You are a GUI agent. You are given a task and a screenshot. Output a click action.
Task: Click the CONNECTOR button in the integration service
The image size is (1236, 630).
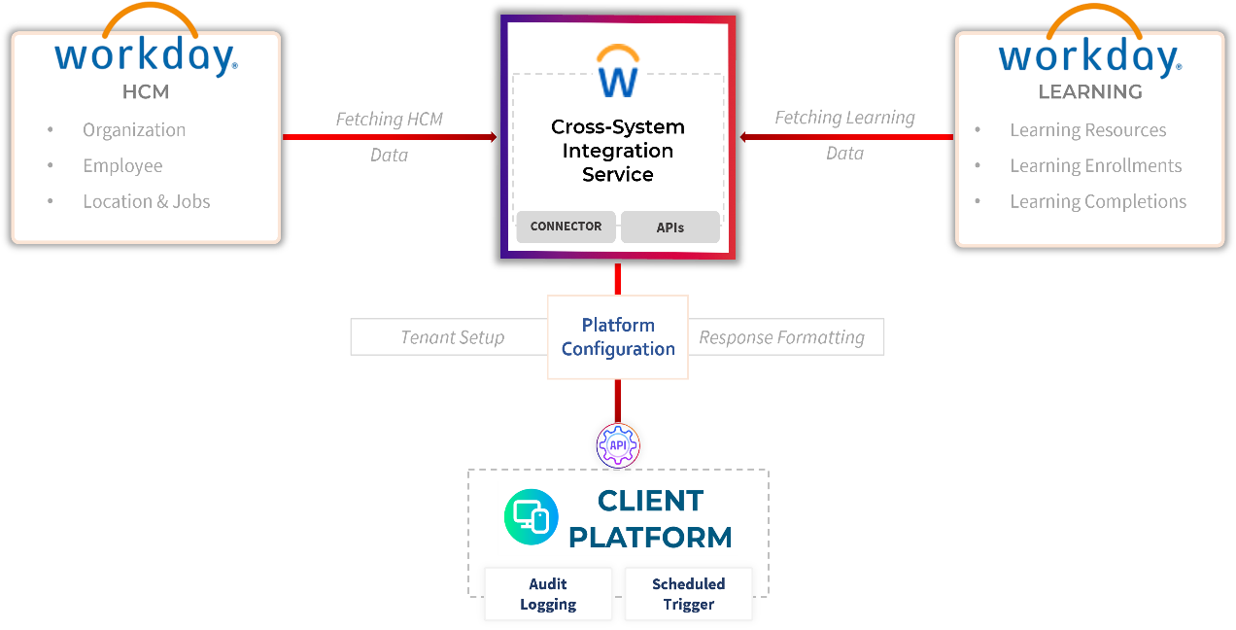click(566, 227)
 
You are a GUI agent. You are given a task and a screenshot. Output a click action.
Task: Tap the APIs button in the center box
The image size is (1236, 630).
click(669, 227)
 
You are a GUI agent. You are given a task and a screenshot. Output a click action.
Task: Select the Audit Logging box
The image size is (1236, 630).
click(548, 594)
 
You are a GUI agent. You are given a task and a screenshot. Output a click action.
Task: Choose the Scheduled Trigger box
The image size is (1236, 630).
click(688, 594)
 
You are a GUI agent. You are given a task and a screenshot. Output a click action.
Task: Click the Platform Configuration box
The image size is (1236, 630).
click(618, 337)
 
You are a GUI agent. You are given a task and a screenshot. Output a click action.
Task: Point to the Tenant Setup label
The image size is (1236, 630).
click(452, 337)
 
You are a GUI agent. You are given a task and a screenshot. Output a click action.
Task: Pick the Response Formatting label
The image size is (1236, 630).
click(782, 337)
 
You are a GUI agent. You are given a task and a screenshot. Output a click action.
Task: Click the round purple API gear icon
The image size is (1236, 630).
click(618, 445)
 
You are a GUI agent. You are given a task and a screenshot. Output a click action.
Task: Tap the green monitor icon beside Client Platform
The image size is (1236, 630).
click(531, 517)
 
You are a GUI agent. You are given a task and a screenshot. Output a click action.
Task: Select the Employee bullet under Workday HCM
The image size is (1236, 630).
click(122, 166)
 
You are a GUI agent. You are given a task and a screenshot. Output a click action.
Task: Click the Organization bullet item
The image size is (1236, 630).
click(134, 130)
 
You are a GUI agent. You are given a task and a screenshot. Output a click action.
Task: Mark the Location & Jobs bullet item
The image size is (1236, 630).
click(146, 202)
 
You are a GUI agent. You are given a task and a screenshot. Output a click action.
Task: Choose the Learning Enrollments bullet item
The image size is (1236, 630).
click(1095, 166)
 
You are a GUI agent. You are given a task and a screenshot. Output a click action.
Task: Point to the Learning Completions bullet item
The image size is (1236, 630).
click(1098, 202)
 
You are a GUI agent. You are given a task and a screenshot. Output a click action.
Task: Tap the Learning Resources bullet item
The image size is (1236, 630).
click(1087, 130)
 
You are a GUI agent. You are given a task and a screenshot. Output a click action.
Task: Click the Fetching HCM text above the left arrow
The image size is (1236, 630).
click(389, 120)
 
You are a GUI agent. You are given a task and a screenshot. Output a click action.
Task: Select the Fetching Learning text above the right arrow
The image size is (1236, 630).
click(844, 118)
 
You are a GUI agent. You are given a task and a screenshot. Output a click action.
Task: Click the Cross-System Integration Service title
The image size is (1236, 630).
click(618, 151)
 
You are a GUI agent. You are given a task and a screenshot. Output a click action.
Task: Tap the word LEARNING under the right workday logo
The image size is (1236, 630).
click(1089, 92)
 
